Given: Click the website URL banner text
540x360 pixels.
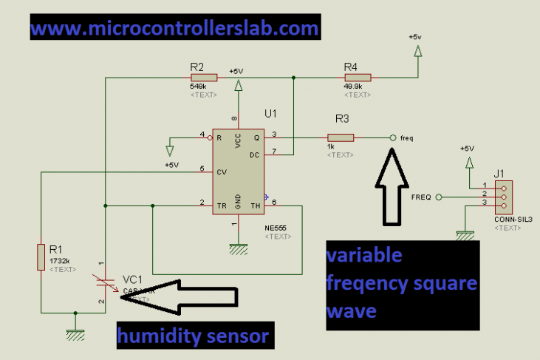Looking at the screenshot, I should coord(175,29).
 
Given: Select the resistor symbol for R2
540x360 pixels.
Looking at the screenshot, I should coord(204,77).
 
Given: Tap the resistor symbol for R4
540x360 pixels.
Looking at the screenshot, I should coord(358,77).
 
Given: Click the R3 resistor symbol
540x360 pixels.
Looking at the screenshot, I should coord(341,137).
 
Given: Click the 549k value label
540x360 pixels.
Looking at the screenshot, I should coord(198,86).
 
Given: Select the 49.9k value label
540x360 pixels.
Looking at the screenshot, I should coord(353,86).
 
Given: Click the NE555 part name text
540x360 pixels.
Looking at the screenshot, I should coord(276,228).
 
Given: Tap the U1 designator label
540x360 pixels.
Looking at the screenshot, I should coord(270,115).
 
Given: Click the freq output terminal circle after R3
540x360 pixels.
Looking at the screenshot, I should coord(392,137).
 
